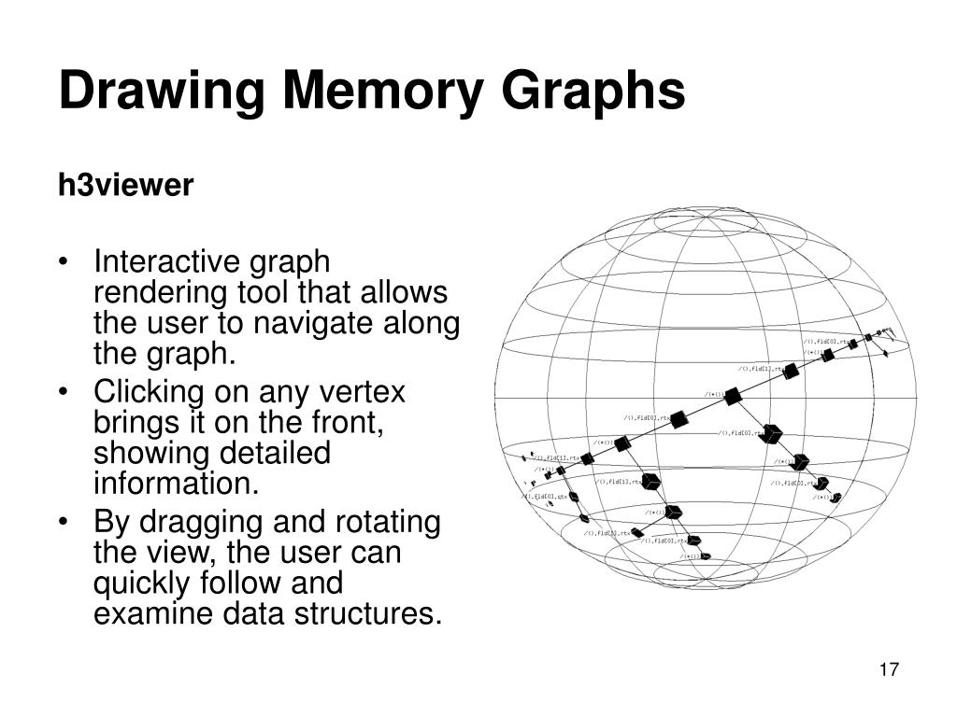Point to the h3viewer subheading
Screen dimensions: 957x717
pos(125,186)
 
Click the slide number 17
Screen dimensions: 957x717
pos(889,669)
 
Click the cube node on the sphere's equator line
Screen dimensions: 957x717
pos(733,396)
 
